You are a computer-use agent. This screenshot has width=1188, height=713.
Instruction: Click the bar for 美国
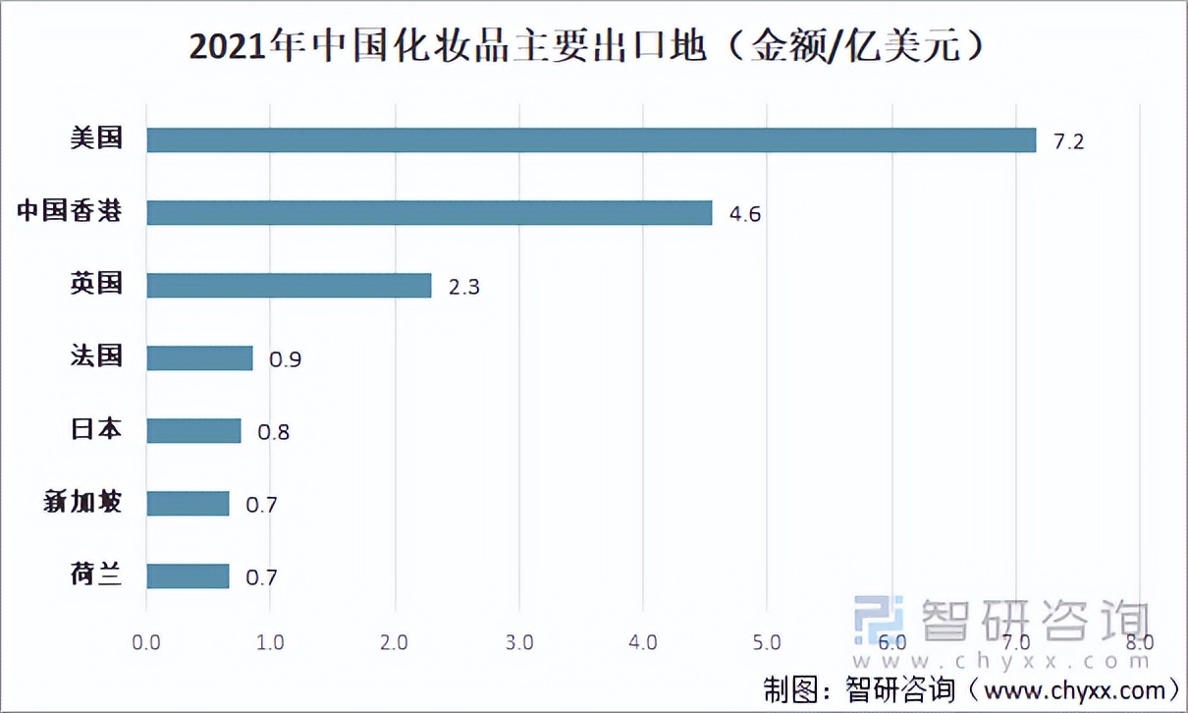tap(591, 140)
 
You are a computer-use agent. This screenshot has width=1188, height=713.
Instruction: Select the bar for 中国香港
tap(429, 212)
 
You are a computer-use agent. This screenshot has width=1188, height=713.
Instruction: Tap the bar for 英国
tap(289, 286)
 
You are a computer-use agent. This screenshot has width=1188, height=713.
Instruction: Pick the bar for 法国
tap(199, 358)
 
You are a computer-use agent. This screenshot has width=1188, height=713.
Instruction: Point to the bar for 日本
tap(193, 431)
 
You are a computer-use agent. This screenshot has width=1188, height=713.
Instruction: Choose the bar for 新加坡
tap(188, 504)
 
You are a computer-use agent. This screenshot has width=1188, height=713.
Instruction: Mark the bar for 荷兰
tap(188, 576)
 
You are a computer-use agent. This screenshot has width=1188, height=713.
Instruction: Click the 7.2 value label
tap(1068, 141)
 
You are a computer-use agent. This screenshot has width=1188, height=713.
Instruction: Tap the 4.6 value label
tap(744, 214)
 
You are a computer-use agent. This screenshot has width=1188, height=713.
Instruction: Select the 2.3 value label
tap(463, 287)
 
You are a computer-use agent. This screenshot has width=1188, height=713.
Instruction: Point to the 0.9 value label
tap(285, 359)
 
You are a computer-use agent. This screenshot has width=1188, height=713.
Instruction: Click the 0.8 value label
tap(273, 432)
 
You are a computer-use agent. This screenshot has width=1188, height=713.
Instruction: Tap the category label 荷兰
tap(96, 575)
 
